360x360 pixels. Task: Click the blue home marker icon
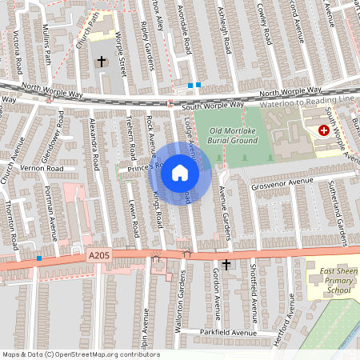[x=180, y=173]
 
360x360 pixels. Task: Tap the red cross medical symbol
[x=324, y=130]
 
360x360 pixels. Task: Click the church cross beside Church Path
[x=102, y=61]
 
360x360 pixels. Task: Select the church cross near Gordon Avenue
[x=226, y=264]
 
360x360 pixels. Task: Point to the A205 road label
[x=98, y=255]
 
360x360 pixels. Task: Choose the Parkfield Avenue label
[x=228, y=332]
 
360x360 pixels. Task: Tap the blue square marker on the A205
[x=39, y=258]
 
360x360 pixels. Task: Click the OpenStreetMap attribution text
[x=80, y=354]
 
